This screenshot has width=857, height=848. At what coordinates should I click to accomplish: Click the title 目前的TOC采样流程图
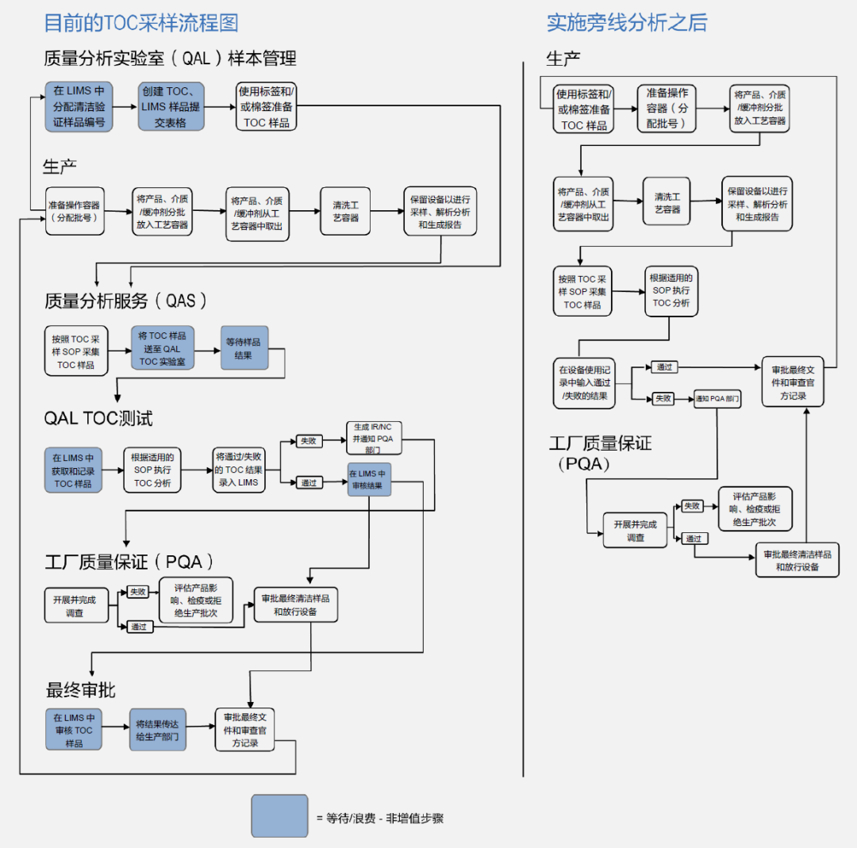point(140,22)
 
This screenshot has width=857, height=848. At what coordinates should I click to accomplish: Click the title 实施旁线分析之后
point(626,22)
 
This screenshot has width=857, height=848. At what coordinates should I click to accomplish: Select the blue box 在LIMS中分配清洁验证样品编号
point(79,106)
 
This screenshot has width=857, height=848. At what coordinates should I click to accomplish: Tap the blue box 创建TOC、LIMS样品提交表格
point(171,106)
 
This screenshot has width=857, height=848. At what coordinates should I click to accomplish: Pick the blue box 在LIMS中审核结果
point(369,479)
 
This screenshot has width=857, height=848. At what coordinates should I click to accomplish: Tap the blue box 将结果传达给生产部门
point(157,730)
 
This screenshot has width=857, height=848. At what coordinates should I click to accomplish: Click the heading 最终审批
point(80,690)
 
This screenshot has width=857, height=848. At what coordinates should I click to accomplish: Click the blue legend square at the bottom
point(279,815)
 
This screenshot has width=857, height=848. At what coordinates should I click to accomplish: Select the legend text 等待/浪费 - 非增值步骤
point(385,817)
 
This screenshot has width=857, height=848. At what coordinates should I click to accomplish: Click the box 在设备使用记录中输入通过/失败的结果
point(584,382)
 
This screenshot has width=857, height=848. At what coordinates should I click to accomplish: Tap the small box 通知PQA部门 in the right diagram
point(717,399)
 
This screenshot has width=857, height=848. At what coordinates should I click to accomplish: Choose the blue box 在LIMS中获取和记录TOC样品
point(73,470)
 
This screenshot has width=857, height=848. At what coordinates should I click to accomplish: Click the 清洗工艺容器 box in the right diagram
point(667,203)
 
